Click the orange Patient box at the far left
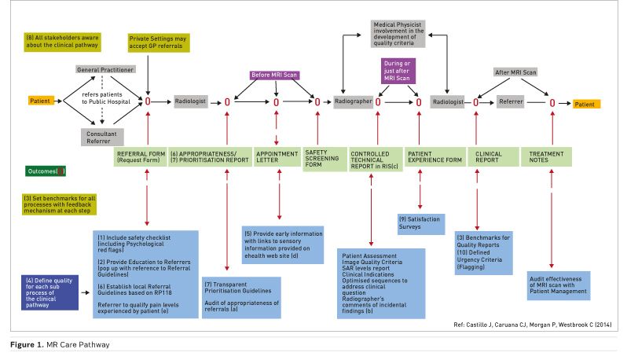(39, 101)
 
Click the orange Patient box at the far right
(586, 103)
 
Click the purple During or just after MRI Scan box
(398, 70)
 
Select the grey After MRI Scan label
(515, 72)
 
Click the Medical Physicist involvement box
(400, 34)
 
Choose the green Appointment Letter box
(276, 156)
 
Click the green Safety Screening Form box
(321, 156)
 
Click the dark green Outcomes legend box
(46, 170)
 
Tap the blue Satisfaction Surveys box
(420, 222)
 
